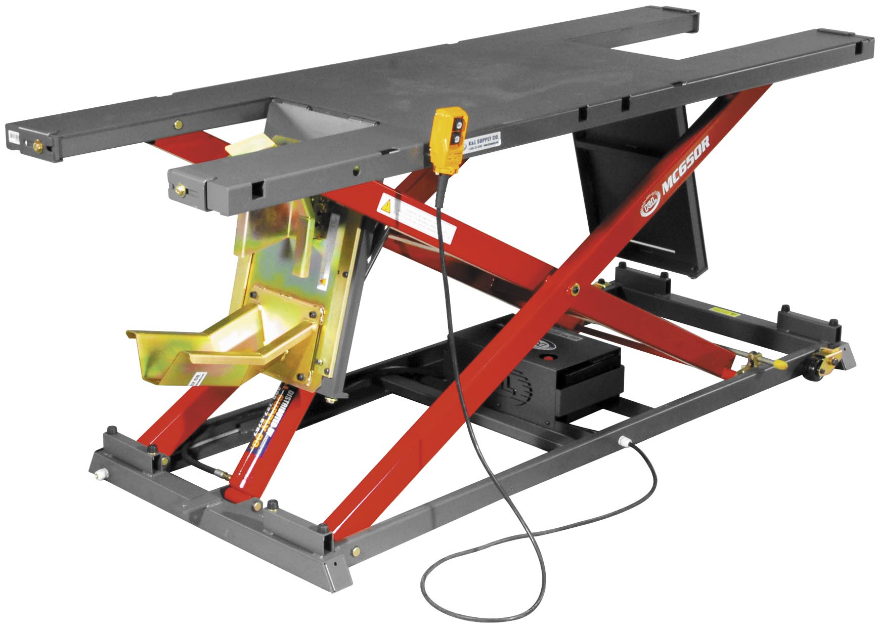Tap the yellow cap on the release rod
pos(779,364)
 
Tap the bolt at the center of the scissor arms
pos(574,289)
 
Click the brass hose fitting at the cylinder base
pos(223,475)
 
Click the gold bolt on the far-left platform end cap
pos(36,146)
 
